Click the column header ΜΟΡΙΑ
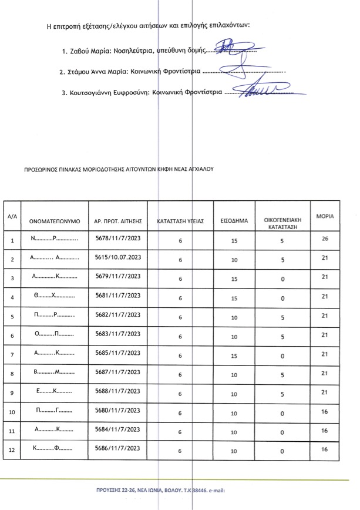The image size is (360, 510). (325, 216)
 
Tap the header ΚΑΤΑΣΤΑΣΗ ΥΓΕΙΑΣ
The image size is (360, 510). (180, 222)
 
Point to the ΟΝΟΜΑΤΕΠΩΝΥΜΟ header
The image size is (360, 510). (55, 222)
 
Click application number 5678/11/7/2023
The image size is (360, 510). (117, 239)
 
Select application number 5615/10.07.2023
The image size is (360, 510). (117, 258)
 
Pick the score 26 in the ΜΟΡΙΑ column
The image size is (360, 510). (325, 239)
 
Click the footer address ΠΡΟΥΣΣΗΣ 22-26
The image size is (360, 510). (117, 489)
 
